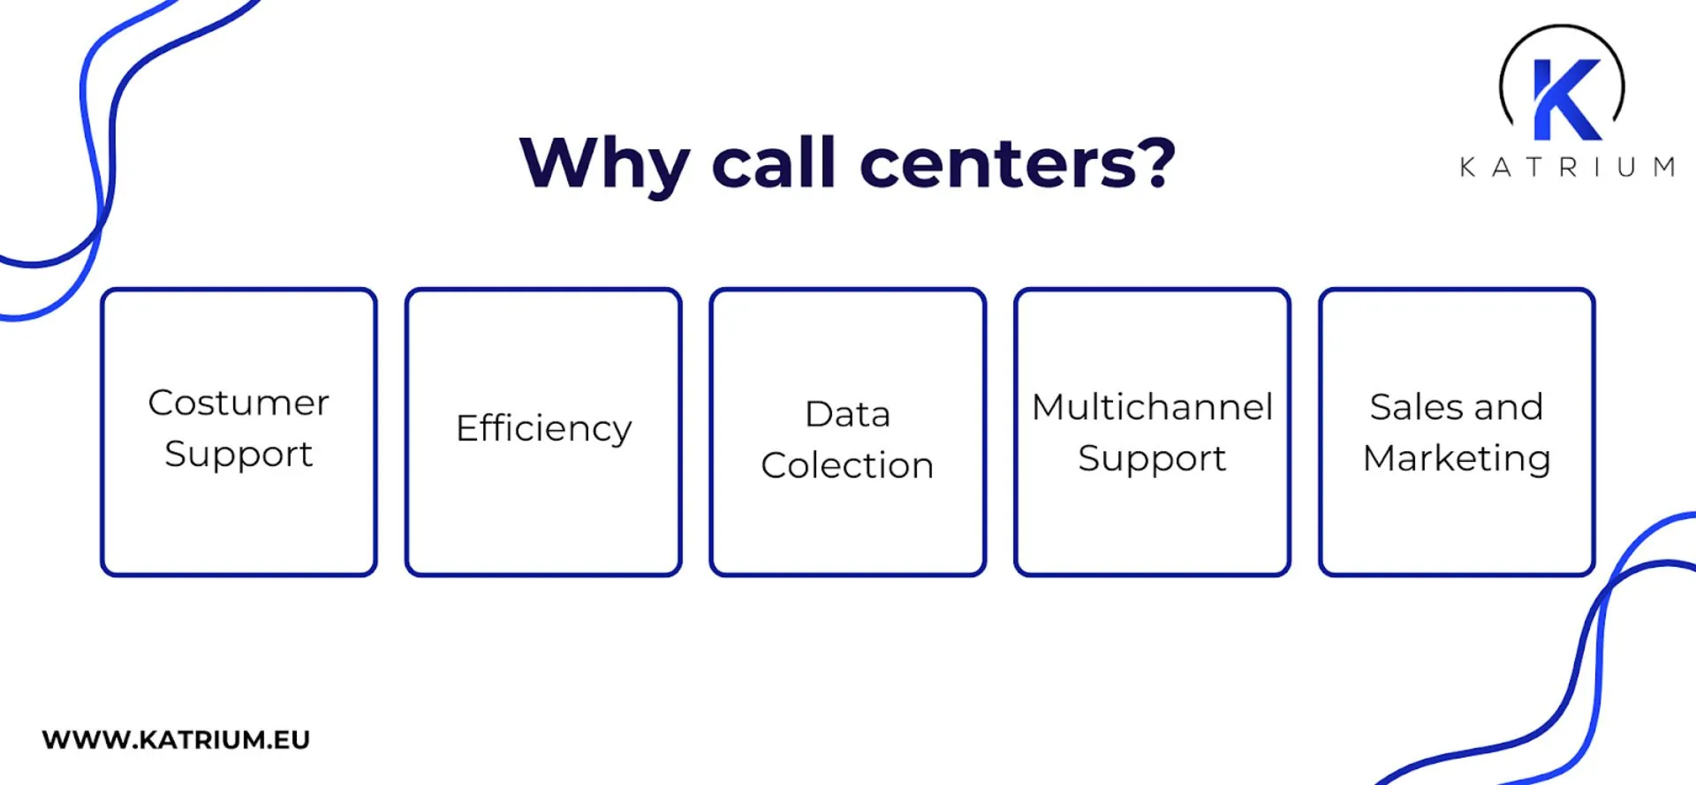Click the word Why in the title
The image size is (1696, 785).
[604, 164]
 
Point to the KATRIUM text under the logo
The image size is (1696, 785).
[1567, 167]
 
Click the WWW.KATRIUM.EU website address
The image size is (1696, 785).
[176, 739]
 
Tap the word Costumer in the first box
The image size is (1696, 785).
[238, 403]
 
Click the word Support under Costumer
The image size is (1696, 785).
[238, 455]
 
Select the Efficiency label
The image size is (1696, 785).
[543, 429]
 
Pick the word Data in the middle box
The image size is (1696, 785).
[847, 414]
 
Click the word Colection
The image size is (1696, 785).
[847, 465]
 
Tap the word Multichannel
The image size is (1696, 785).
[1152, 407]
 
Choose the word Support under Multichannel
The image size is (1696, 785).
[1152, 459]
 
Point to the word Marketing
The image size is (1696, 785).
[1457, 459]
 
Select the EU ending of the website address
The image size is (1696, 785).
[291, 739]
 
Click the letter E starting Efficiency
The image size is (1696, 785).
[466, 427]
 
